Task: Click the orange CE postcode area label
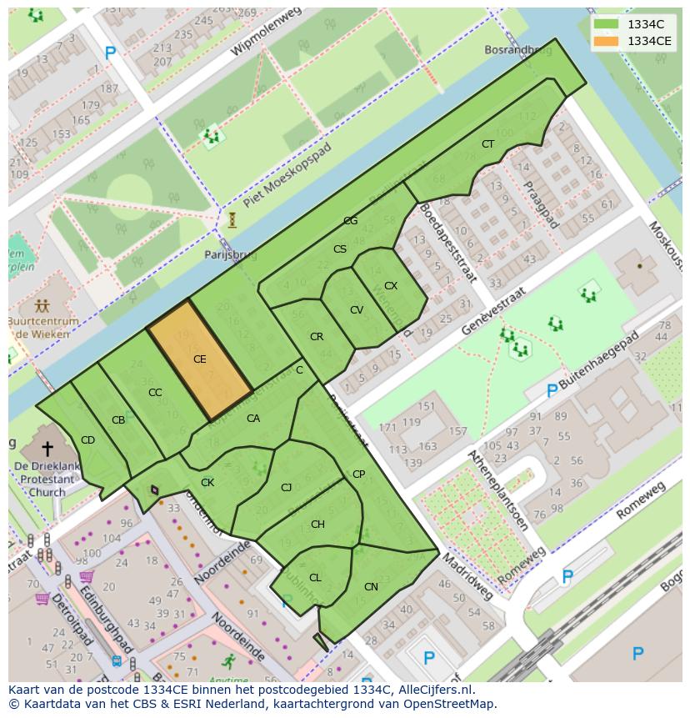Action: coord(200,359)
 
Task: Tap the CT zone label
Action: coord(487,144)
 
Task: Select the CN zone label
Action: coord(371,587)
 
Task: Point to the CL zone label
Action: coord(315,578)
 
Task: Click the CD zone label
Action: coord(87,440)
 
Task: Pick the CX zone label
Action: coord(391,286)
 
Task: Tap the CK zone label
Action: coord(207,483)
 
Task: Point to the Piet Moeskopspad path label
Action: coord(287,175)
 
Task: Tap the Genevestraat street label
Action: coord(495,311)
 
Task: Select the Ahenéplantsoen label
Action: coord(497,490)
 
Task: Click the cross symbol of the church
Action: coord(47,449)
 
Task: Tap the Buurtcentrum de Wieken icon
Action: coord(42,306)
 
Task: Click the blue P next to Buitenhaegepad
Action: coord(552,390)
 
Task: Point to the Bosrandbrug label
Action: coord(517,51)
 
